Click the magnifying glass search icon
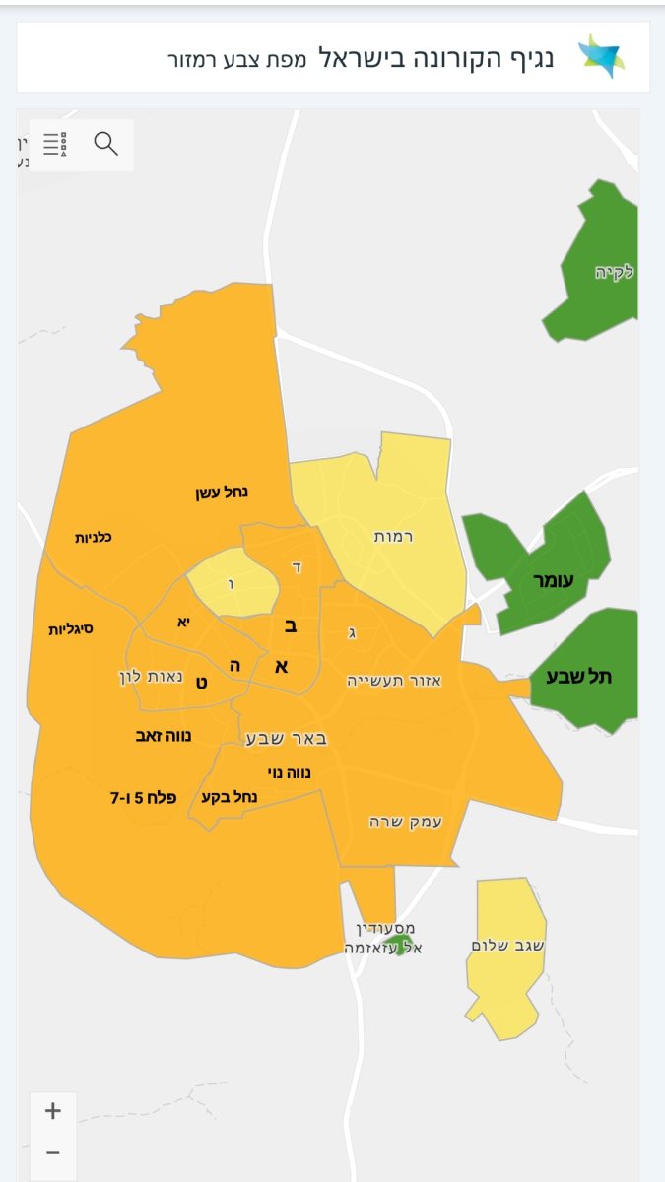tap(106, 144)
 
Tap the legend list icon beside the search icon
tap(55, 145)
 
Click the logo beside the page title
tap(600, 57)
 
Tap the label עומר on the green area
tap(553, 581)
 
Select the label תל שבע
tap(585, 676)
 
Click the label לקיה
tap(614, 272)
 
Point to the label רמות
tap(393, 536)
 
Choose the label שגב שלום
tap(509, 946)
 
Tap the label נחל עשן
tap(222, 492)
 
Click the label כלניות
tap(94, 537)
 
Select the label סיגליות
tap(71, 627)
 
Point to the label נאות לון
tap(145, 678)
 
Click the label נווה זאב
tap(164, 735)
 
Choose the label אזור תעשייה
tap(394, 680)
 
